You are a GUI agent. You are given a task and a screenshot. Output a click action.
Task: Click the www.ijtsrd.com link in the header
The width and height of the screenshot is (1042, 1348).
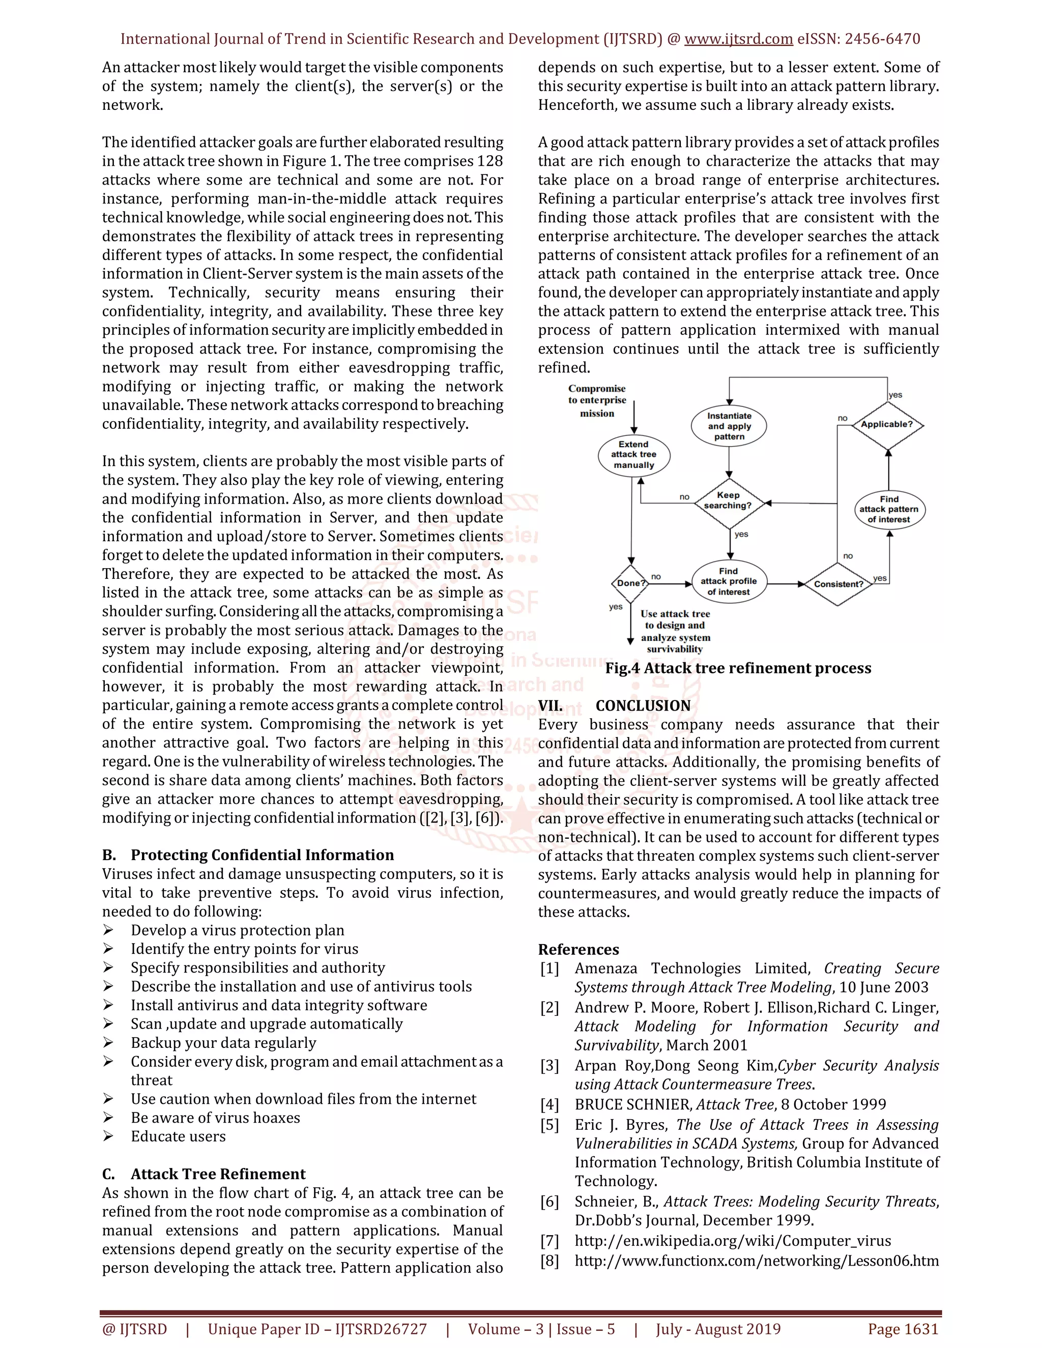[x=738, y=39]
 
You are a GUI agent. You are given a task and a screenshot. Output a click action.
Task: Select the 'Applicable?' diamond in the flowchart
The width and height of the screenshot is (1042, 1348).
[x=887, y=425]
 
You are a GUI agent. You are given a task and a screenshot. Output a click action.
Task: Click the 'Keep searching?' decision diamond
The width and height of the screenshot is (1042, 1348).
[x=729, y=501]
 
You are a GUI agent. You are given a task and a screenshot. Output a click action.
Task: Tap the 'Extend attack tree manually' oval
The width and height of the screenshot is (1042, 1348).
[x=634, y=455]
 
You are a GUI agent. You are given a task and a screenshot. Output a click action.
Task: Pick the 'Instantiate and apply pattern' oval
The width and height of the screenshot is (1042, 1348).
[x=729, y=426]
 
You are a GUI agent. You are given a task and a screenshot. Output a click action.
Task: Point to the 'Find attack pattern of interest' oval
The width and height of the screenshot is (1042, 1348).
[x=889, y=510]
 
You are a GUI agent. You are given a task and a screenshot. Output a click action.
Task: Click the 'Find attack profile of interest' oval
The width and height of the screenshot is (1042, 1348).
[x=729, y=581]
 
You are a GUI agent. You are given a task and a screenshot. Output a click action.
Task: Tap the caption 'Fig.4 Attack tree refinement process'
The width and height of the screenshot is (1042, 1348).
[x=738, y=668]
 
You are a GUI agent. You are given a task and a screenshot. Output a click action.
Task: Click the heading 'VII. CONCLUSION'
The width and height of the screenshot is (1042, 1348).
[x=614, y=706]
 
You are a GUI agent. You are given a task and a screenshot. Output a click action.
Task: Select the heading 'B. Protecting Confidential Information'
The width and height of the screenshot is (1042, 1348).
[x=248, y=855]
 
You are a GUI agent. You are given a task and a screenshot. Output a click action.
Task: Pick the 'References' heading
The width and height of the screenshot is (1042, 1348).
[x=578, y=950]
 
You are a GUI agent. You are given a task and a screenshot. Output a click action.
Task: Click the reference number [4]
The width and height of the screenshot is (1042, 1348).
[x=549, y=1105]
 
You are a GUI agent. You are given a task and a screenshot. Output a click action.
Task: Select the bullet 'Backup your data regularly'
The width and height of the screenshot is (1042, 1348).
[x=223, y=1042]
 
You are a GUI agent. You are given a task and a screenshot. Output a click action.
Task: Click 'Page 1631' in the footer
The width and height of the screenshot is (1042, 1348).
[x=903, y=1329]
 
